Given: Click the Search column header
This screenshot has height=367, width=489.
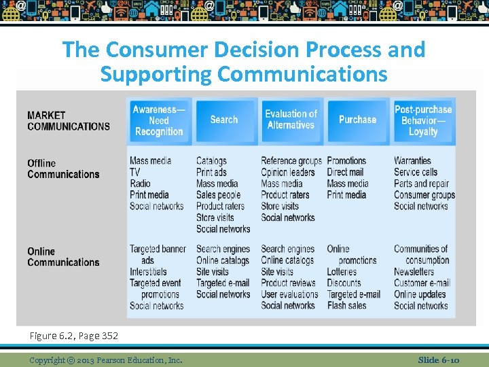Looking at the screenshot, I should pyautogui.click(x=224, y=120).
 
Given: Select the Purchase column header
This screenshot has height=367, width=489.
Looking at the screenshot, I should pyautogui.click(x=357, y=120).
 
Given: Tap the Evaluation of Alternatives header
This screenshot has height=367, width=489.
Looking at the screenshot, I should pyautogui.click(x=291, y=120).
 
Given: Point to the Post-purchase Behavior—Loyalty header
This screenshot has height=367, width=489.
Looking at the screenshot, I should pyautogui.click(x=423, y=120).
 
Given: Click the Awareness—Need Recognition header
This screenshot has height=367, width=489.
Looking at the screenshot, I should pyautogui.click(x=159, y=120).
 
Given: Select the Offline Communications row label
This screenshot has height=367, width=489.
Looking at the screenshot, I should pyautogui.click(x=63, y=169).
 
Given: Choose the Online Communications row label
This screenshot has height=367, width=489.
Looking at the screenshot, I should pyautogui.click(x=63, y=257).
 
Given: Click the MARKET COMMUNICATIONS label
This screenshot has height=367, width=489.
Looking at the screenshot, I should pyautogui.click(x=68, y=120).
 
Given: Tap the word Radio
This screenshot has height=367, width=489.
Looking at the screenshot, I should pyautogui.click(x=140, y=183).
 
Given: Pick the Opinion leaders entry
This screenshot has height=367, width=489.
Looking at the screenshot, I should pyautogui.click(x=288, y=172).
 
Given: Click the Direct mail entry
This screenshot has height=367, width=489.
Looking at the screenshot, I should pyautogui.click(x=345, y=172).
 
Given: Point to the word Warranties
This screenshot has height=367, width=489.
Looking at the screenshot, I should pyautogui.click(x=412, y=160).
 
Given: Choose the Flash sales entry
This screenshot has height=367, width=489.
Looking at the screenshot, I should pyautogui.click(x=346, y=306).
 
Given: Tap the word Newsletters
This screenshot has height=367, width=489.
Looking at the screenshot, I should pyautogui.click(x=414, y=272).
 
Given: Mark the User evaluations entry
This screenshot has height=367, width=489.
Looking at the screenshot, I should pyautogui.click(x=289, y=294).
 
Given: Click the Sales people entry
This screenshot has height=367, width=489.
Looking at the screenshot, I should pyautogui.click(x=219, y=195).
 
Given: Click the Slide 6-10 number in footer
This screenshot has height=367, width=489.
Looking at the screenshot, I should pyautogui.click(x=439, y=360).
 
